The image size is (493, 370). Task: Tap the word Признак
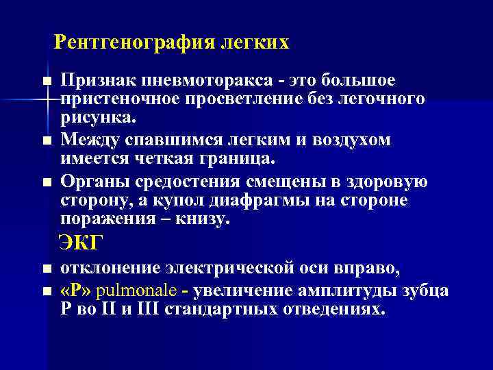(x=93, y=81)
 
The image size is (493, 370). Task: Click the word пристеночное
(x=121, y=99)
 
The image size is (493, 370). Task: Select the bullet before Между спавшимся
(x=46, y=141)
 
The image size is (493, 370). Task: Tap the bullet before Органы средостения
(x=46, y=182)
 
